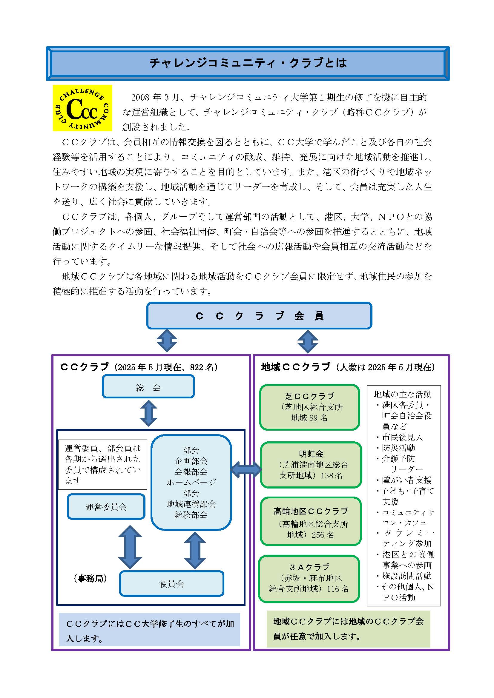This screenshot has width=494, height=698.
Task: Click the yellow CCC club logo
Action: tap(82, 108)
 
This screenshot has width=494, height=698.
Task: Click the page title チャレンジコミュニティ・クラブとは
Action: tap(248, 63)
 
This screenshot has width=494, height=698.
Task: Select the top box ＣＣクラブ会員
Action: tap(259, 315)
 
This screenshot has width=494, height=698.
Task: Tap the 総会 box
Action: tap(148, 386)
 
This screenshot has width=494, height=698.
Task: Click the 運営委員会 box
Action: tap(106, 506)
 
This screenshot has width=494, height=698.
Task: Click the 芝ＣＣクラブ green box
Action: tap(309, 407)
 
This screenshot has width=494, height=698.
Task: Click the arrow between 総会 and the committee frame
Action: tap(149, 413)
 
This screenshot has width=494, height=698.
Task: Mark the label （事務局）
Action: tap(90, 579)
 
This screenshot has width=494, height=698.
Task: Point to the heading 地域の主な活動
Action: tap(403, 394)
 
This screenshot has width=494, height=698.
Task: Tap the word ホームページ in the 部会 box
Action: tap(191, 482)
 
